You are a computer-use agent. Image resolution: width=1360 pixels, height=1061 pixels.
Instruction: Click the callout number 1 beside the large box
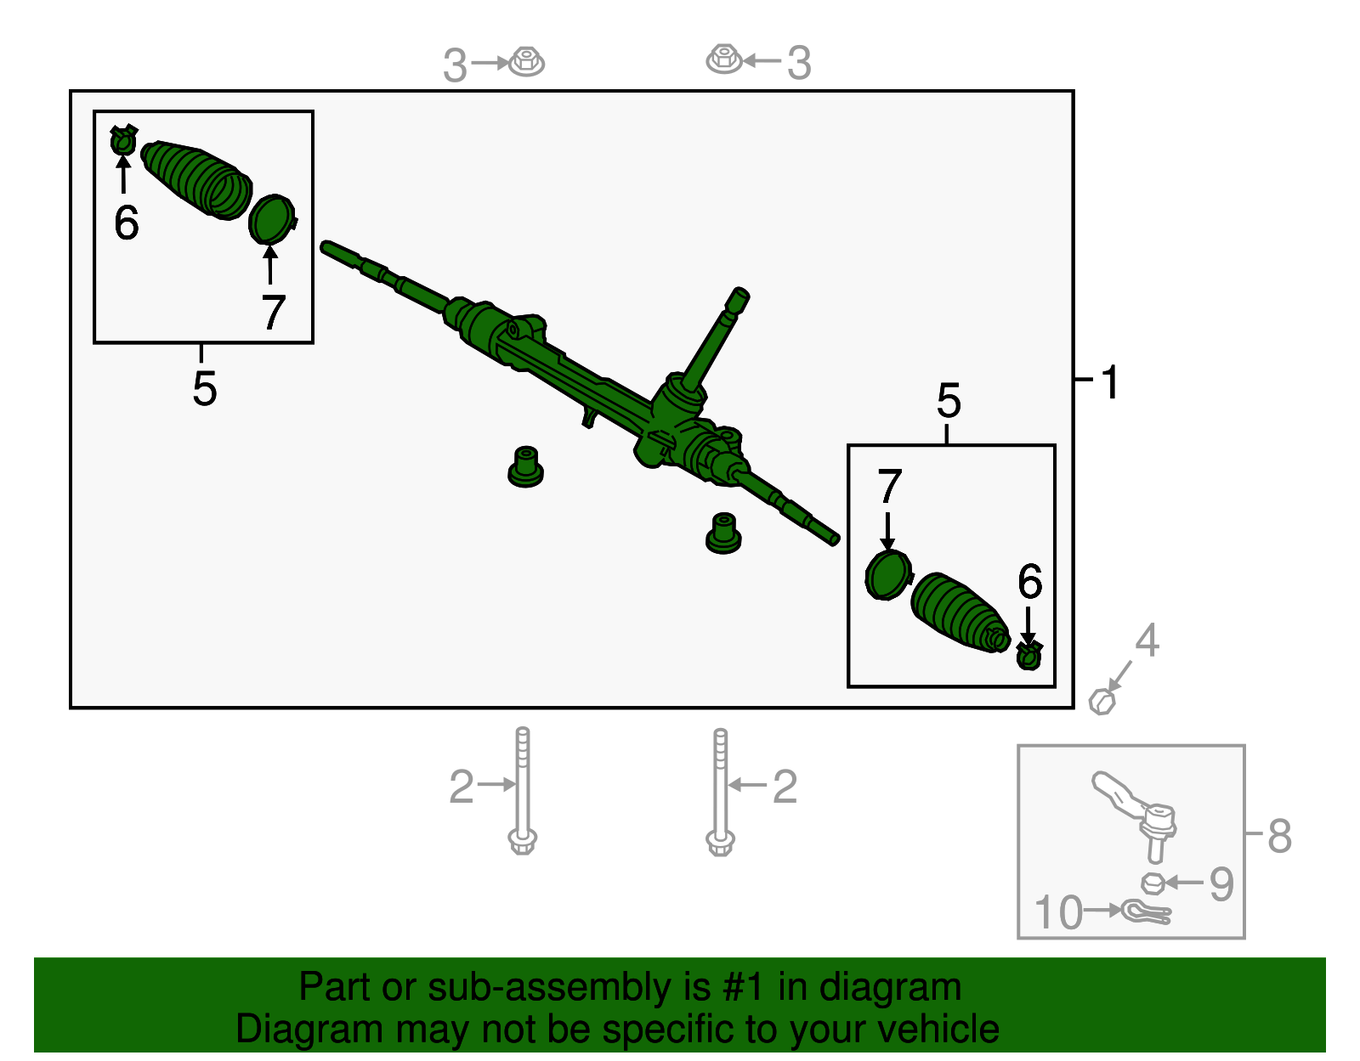1110,381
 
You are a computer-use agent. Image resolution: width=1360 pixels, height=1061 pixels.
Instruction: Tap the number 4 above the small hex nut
1147,641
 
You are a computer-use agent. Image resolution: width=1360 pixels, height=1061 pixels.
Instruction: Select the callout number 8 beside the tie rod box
1280,836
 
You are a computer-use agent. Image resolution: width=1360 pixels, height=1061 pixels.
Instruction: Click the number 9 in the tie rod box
1221,884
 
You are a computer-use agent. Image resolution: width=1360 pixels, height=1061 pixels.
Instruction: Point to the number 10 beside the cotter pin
1058,912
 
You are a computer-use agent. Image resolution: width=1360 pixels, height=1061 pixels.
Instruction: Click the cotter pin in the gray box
1145,912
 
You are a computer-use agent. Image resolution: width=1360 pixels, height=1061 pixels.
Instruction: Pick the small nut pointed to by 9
1153,883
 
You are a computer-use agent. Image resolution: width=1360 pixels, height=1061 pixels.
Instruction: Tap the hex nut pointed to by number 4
1102,702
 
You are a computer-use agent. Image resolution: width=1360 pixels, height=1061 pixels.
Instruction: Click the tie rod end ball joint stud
1155,845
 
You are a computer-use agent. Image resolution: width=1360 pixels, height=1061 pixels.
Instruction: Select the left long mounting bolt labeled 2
523,790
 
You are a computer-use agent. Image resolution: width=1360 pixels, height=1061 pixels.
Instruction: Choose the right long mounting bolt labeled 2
720,792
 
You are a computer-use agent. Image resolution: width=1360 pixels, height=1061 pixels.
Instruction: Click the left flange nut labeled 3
526,61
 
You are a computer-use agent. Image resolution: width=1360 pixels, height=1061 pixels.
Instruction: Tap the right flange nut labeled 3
724,59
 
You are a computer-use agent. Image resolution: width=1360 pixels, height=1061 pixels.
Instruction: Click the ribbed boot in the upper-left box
196,179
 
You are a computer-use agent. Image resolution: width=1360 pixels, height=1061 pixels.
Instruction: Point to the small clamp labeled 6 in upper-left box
123,140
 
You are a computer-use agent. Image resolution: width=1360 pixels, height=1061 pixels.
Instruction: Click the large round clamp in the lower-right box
888,575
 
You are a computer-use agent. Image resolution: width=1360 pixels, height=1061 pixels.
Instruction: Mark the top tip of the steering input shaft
741,291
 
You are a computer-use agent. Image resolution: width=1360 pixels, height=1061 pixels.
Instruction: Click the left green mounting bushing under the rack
525,467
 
